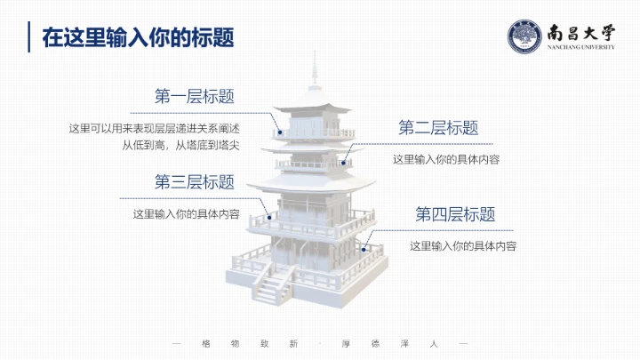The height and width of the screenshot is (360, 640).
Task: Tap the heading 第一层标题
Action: pyautogui.click(x=200, y=96)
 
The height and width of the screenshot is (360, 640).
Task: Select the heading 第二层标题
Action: pyautogui.click(x=438, y=128)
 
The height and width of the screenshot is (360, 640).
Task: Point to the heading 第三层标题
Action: pyautogui.click(x=195, y=182)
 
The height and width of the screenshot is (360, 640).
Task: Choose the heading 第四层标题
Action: pyautogui.click(x=455, y=214)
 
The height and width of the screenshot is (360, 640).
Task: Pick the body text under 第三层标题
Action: pyautogui.click(x=186, y=214)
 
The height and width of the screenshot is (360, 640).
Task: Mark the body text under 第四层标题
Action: pyautogui.click(x=463, y=245)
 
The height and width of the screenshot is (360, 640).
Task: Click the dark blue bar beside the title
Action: pyautogui.click(x=31, y=37)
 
